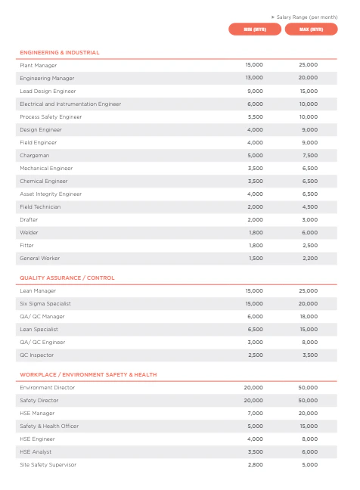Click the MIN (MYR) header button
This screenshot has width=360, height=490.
coord(255,29)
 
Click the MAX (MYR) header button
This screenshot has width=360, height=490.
coord(311,29)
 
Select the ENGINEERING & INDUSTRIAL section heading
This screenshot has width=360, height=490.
coord(60,52)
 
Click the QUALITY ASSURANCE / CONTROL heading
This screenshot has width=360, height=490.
coord(67,278)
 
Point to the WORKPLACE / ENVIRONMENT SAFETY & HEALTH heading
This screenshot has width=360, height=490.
coord(88,374)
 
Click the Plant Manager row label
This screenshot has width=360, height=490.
coord(38,65)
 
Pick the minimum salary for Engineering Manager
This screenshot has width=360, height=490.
coord(255,78)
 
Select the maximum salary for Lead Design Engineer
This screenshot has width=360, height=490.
coord(309,91)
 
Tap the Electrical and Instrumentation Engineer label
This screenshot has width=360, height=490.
coord(70,104)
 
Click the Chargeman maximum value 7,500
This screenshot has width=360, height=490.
coord(309,155)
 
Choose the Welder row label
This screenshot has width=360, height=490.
coord(29,232)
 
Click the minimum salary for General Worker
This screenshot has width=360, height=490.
coord(256,258)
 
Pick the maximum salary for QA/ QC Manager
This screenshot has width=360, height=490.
coord(309,316)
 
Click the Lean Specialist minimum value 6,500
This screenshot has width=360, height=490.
coord(256,329)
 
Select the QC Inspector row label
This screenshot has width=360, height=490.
coord(36,355)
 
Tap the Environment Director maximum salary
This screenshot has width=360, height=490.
coord(309,387)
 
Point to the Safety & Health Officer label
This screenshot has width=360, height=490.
coord(49,426)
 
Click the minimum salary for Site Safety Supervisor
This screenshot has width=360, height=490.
coord(256,464)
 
